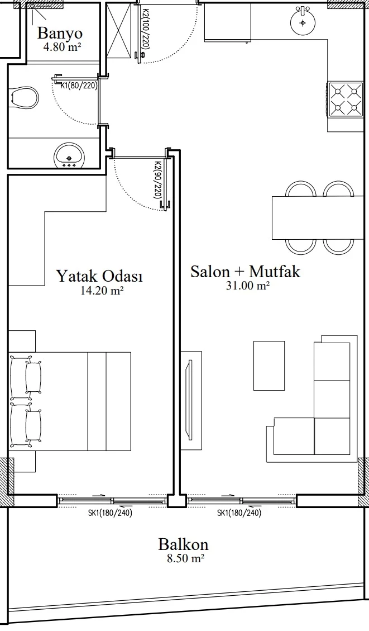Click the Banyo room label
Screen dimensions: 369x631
[x=60, y=33]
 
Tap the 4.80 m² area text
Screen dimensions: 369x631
[x=62, y=47]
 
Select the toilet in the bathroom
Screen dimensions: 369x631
[x=25, y=98]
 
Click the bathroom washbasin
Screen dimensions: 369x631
[x=70, y=155]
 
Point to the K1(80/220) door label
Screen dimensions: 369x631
[x=79, y=85]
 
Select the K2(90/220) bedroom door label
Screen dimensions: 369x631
[x=158, y=179]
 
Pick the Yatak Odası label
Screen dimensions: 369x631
[x=99, y=276]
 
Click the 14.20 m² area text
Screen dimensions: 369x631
[x=102, y=291]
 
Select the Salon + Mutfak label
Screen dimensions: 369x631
[x=245, y=272]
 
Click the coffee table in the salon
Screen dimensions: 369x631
[x=269, y=366]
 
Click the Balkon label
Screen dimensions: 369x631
[x=183, y=544]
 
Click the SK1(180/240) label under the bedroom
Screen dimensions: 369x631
[x=110, y=513]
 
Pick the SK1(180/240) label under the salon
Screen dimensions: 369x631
[x=239, y=513]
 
